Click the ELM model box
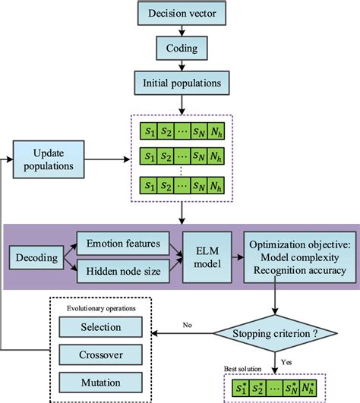[x=205, y=257]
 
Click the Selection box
[x=101, y=327]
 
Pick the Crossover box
[x=101, y=354]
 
